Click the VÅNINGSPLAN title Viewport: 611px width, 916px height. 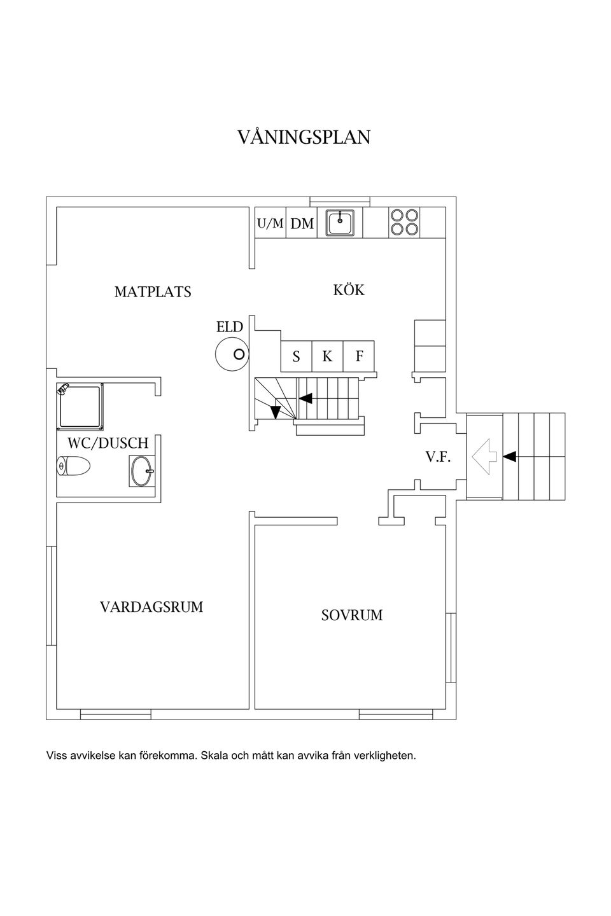tap(304, 137)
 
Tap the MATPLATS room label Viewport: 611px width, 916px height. tap(153, 292)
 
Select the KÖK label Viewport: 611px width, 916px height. tap(349, 289)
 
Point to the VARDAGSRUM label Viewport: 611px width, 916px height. tap(151, 607)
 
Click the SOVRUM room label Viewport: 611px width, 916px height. tap(351, 616)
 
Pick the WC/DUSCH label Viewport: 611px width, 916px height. tap(108, 443)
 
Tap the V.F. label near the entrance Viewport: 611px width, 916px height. tap(439, 457)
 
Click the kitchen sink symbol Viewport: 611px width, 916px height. tap(340, 223)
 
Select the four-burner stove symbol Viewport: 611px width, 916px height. tap(404, 223)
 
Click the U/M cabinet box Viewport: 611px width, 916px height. tap(270, 223)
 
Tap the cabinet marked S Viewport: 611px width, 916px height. tap(297, 356)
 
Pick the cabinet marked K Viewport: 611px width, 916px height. tap(327, 356)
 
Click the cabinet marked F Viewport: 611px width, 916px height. tap(358, 356)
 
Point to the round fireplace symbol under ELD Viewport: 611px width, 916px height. tap(232, 354)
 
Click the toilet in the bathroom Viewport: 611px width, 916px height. tap(73, 466)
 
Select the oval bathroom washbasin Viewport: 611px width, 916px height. tap(141, 471)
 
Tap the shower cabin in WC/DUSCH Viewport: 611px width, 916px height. tap(80, 407)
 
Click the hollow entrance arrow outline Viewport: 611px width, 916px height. tap(484, 457)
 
